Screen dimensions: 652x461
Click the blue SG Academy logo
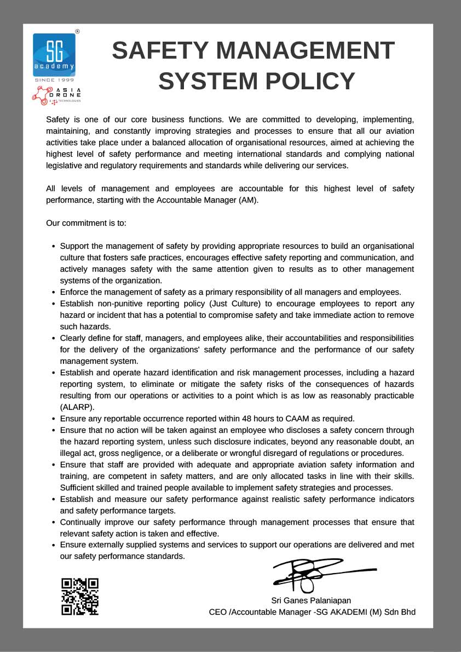54,54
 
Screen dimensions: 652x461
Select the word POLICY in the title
312,81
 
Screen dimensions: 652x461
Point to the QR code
80,597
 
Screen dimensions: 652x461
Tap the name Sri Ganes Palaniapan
311,600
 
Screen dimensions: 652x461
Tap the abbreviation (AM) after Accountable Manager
248,200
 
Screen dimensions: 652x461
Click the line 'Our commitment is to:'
86,223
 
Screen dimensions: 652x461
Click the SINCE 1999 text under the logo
54,80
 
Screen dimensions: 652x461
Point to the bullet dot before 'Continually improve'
53,523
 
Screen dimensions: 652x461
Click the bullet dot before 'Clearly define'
53,339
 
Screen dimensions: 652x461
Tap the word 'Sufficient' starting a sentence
77,488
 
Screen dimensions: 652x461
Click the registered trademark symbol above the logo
77,31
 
